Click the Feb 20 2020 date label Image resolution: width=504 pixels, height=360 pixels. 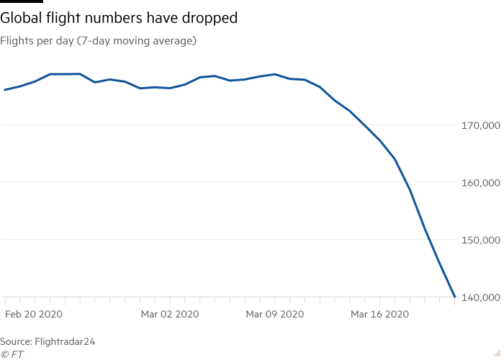34,315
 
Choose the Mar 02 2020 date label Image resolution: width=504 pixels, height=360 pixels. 170,315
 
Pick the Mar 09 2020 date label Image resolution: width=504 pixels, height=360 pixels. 274,315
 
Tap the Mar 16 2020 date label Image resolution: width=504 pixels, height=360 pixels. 379,315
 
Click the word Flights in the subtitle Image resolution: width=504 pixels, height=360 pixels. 16,41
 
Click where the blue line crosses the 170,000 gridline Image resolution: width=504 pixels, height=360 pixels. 364,125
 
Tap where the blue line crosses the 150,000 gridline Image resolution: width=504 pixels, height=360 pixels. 426,239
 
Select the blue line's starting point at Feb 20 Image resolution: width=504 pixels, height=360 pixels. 5,90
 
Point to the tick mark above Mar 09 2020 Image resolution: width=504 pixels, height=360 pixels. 275,300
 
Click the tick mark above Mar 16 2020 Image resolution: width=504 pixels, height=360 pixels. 379,300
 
